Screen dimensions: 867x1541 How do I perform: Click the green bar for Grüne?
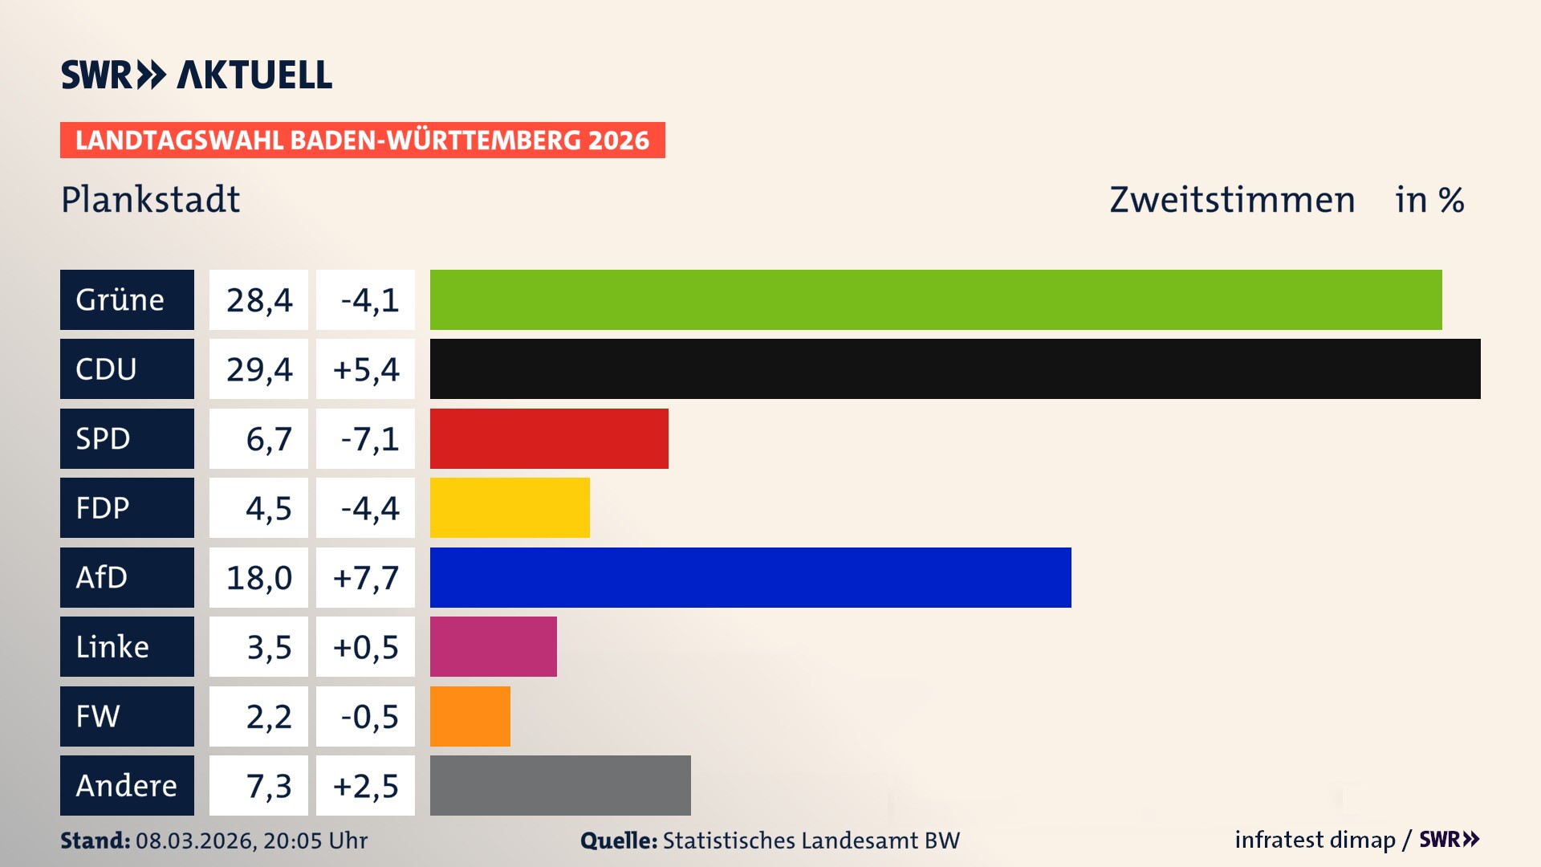point(936,299)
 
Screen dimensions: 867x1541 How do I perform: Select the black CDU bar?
point(955,369)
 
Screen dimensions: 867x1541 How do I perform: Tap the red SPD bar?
point(549,438)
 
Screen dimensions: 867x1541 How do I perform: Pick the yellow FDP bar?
point(510,507)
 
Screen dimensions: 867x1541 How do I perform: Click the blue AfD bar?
point(750,577)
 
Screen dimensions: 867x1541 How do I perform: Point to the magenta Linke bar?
point(493,646)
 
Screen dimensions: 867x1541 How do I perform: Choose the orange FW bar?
point(470,716)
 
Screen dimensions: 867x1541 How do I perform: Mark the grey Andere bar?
point(560,785)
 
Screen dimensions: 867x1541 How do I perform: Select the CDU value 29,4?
point(258,369)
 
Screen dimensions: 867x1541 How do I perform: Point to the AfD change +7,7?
point(366,577)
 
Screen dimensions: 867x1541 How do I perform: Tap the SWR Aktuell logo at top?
point(196,75)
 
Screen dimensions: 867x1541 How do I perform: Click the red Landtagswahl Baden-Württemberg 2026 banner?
point(362,140)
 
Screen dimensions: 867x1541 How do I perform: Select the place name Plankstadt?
point(150,199)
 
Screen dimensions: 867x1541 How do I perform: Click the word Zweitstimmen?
point(1232,199)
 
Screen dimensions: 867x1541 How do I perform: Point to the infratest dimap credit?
point(1315,840)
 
